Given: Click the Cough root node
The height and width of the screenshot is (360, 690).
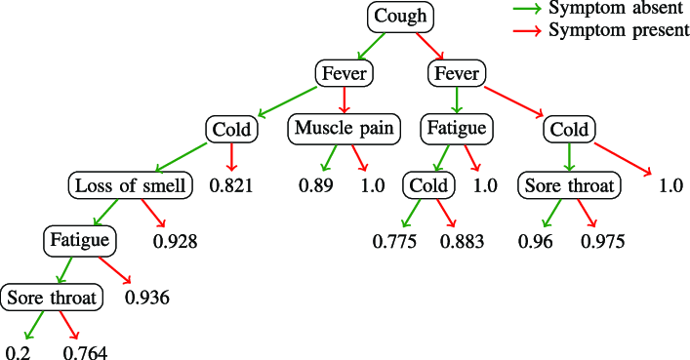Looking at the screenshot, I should (400, 17).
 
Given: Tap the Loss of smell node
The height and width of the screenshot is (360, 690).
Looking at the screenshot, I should (132, 184).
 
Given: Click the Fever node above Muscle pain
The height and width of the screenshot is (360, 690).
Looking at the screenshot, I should (343, 73).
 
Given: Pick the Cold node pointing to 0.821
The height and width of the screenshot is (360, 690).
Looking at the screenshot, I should (232, 129).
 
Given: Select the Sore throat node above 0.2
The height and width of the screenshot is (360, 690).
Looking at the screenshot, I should (52, 297).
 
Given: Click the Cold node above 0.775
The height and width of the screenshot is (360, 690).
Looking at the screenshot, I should (428, 184).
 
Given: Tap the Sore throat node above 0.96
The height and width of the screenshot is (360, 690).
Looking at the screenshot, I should (569, 184).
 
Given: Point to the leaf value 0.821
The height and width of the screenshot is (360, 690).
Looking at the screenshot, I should (232, 185).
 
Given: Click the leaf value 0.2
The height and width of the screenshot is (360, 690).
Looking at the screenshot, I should (18, 352).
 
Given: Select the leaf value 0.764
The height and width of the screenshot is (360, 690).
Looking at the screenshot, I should (86, 352).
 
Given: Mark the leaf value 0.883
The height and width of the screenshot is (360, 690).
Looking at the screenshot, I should (463, 241).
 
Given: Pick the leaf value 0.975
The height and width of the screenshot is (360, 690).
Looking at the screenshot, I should (603, 241).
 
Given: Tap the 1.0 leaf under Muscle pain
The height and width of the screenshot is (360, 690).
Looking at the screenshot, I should (372, 185).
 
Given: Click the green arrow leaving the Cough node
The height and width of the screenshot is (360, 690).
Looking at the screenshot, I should (371, 45).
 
